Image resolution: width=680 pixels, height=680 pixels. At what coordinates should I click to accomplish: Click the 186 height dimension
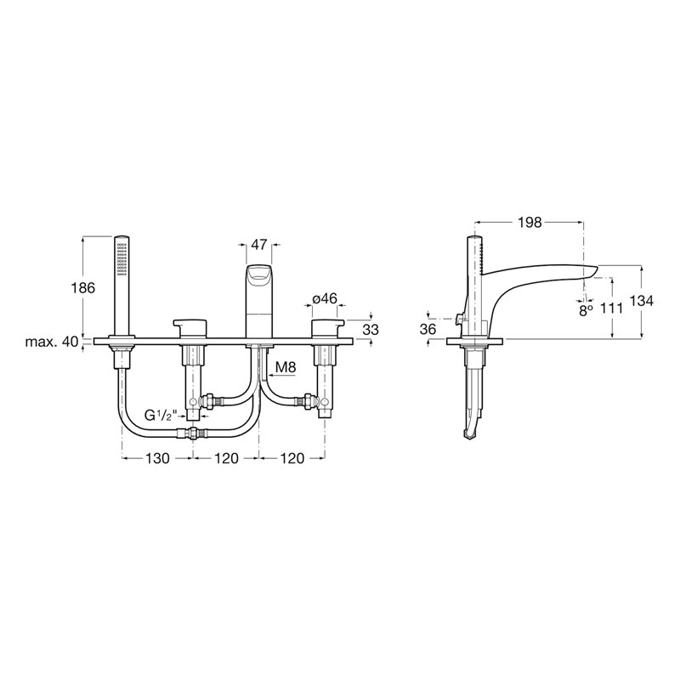click(84, 287)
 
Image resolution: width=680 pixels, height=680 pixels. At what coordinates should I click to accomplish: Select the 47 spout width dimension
click(259, 245)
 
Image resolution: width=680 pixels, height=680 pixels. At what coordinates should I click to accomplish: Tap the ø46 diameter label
click(325, 298)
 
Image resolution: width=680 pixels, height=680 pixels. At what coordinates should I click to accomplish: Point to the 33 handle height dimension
click(371, 330)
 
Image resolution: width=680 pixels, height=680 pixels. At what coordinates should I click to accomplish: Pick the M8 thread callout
click(286, 368)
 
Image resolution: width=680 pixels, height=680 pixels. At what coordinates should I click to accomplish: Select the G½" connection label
click(161, 416)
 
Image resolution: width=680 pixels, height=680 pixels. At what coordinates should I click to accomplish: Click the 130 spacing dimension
click(157, 458)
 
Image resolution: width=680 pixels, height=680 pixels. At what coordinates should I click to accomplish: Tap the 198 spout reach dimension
click(530, 223)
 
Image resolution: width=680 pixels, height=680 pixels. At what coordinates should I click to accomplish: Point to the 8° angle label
click(586, 309)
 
